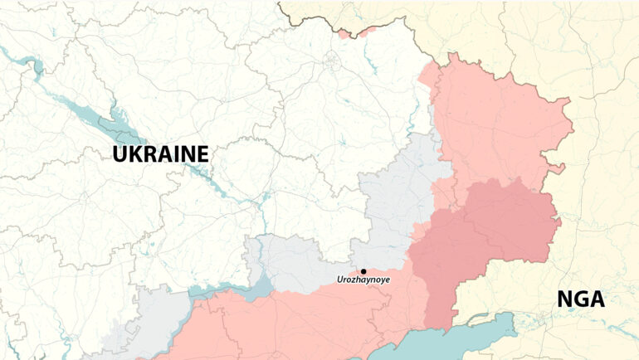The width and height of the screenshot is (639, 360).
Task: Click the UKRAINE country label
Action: pyautogui.click(x=160, y=154)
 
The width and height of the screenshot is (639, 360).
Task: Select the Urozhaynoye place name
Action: pyautogui.click(x=363, y=280)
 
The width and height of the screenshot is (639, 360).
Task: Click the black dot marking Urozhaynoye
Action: pyautogui.click(x=363, y=271)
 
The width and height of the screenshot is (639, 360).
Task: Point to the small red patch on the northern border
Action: pyautogui.click(x=357, y=33)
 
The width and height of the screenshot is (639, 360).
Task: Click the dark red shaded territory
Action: pyautogui.click(x=481, y=241)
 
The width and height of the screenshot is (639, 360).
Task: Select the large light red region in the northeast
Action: pyautogui.click(x=498, y=124)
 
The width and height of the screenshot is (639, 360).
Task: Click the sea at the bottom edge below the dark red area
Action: pyautogui.click(x=465, y=342)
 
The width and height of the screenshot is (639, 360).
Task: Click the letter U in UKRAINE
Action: pyautogui.click(x=121, y=154)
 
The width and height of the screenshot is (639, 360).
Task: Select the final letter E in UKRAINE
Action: pyautogui.click(x=202, y=154)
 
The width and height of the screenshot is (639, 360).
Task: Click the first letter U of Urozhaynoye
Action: pyautogui.click(x=339, y=280)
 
